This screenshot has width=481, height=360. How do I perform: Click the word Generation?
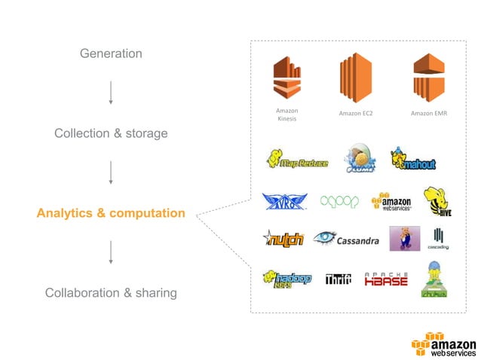(111, 53)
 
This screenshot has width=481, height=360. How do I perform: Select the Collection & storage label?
(111, 133)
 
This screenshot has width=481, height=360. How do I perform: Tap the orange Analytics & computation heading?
(111, 213)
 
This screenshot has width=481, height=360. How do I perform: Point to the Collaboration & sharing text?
(111, 293)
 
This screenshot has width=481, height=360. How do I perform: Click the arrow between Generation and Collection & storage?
(111, 92)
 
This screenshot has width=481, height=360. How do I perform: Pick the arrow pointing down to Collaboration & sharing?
(111, 252)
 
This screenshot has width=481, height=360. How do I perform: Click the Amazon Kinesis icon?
(286, 78)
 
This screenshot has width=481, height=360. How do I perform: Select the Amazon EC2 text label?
(357, 114)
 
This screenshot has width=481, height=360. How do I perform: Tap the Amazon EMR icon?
(428, 78)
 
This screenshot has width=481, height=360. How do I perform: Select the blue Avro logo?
(284, 201)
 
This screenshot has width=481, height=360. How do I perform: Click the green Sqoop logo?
(339, 202)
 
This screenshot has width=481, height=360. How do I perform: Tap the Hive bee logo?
(436, 201)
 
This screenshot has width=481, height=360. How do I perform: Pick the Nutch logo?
(283, 239)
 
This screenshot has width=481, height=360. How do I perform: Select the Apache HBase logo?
(386, 279)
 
